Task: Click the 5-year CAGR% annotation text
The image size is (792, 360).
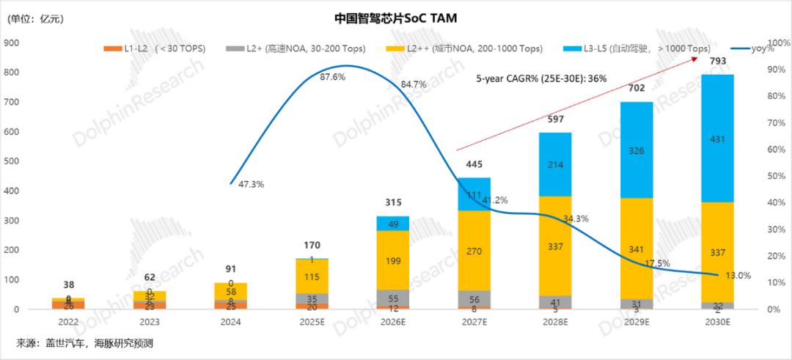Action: pos(541,78)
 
